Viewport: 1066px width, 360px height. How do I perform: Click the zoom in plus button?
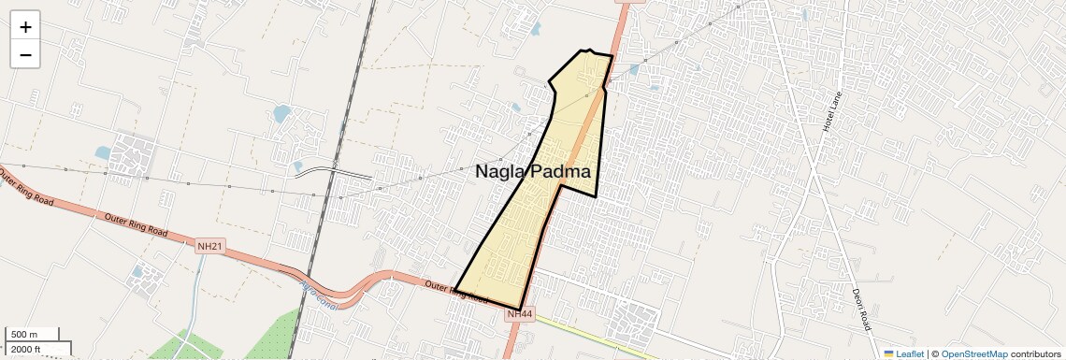[25, 27]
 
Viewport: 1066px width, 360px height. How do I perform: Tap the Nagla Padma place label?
[533, 171]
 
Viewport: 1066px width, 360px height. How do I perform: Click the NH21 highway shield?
[210, 246]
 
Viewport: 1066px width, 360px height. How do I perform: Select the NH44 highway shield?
[519, 315]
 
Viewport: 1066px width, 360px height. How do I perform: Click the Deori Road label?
[859, 309]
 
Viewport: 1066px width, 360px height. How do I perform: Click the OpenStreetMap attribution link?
[973, 353]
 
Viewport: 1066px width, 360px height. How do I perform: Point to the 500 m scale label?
[24, 335]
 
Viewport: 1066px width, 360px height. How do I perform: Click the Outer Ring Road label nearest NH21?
[136, 224]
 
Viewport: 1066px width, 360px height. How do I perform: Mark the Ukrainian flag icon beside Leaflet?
[888, 353]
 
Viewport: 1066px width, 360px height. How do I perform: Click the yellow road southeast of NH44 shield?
[608, 338]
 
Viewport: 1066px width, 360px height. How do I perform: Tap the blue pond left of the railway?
[281, 115]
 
